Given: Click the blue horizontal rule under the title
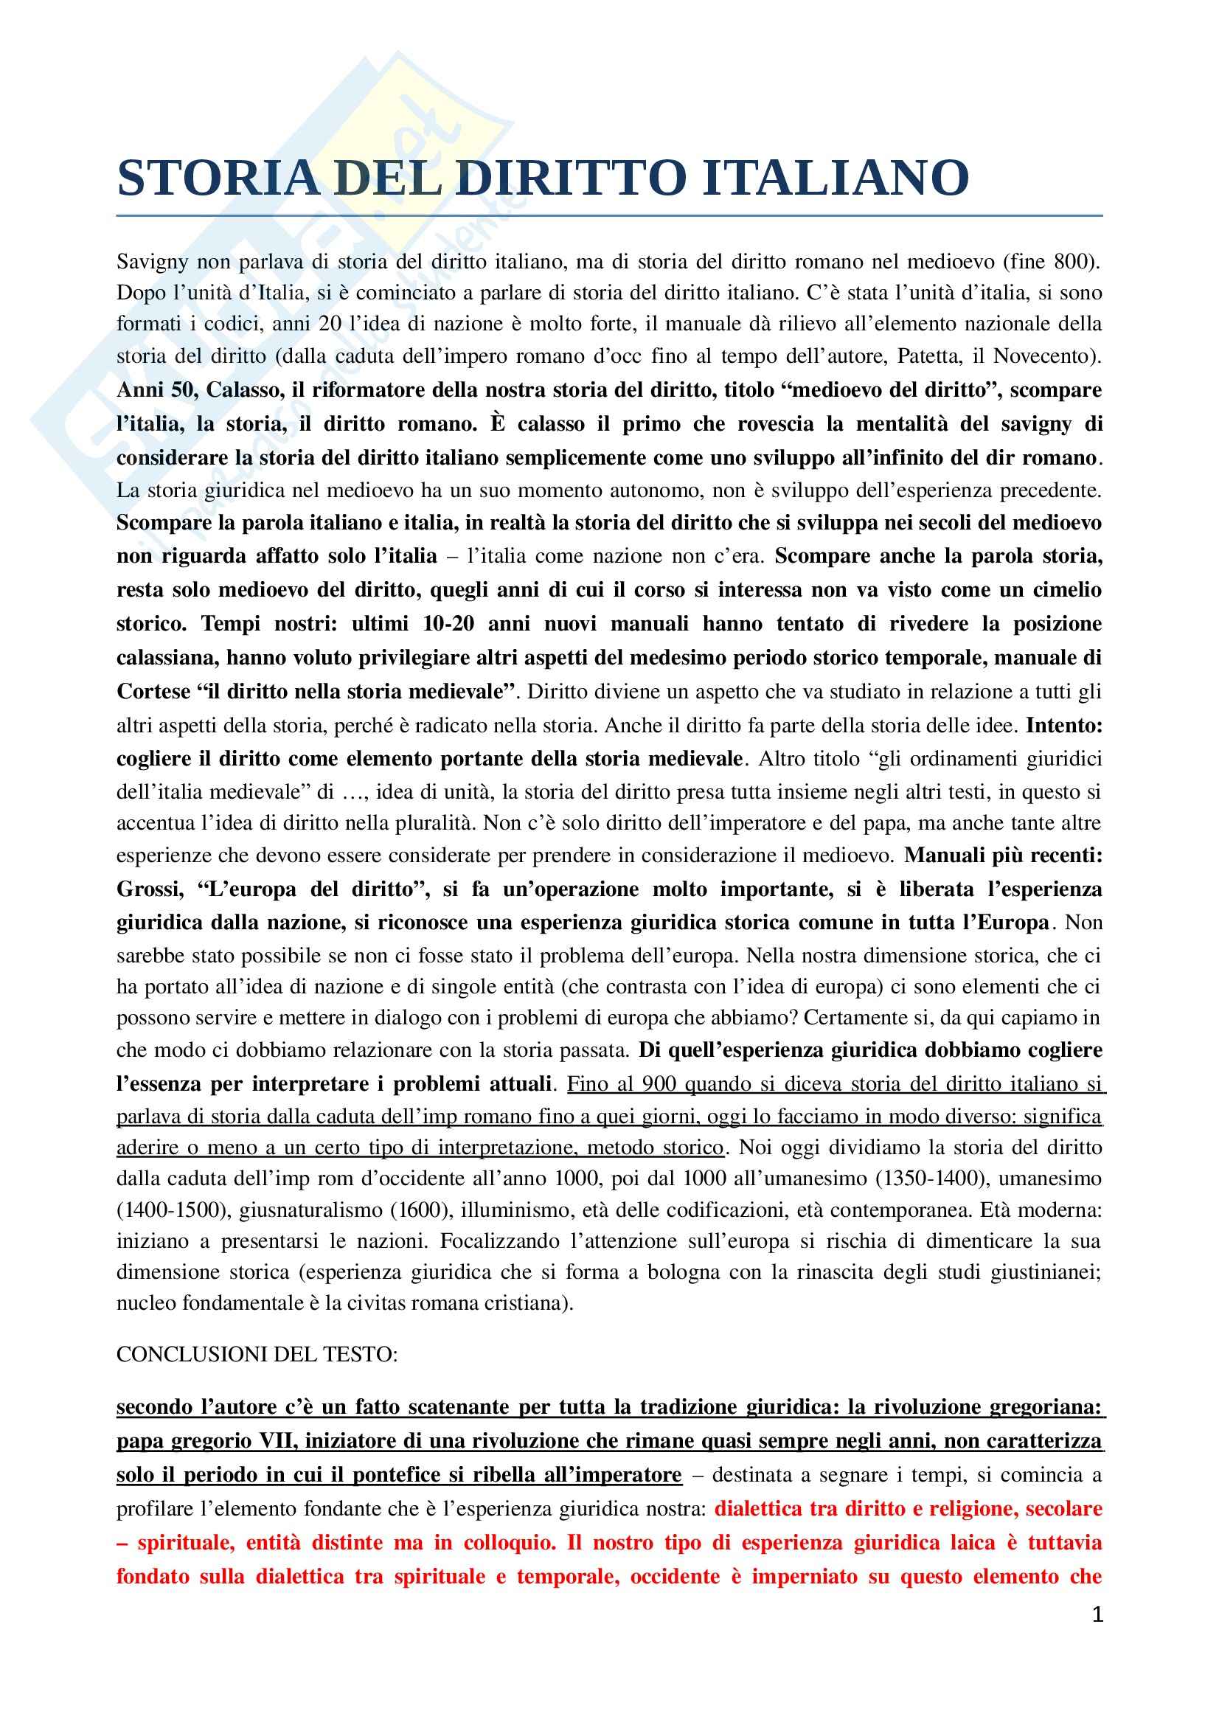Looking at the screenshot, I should (609, 215).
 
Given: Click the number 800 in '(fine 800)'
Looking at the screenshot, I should (1072, 262).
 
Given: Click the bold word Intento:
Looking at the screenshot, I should (1063, 725).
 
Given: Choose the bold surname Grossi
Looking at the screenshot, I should (150, 889).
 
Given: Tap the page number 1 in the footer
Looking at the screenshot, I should (1097, 1614).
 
